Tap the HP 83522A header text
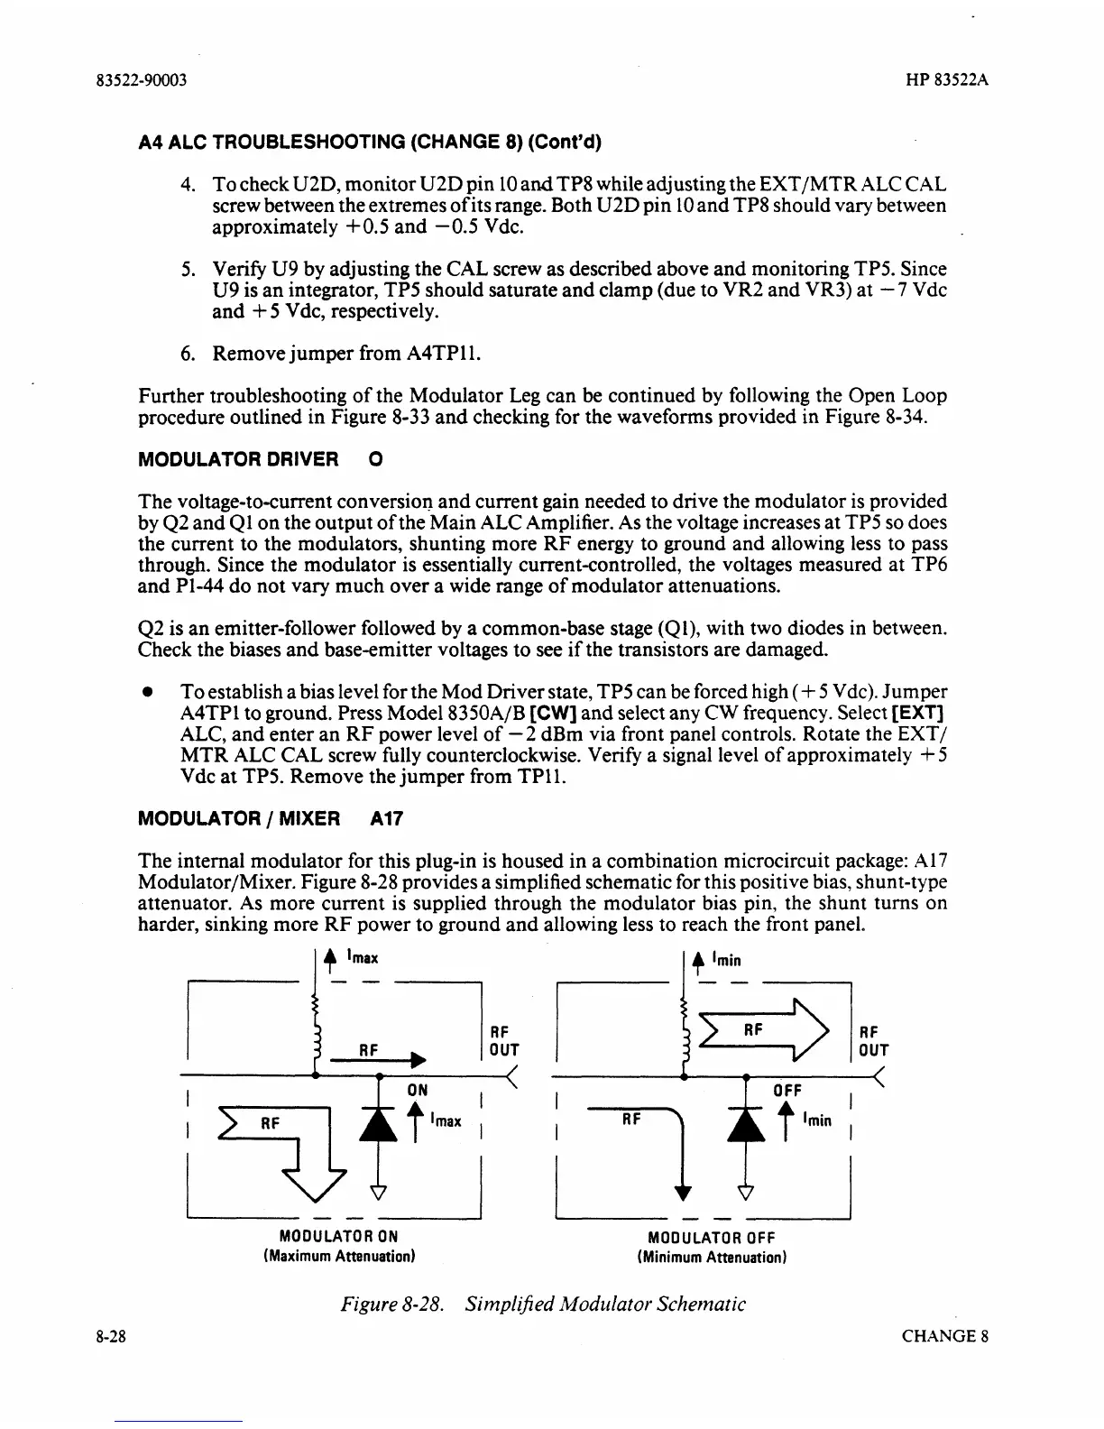click(x=947, y=79)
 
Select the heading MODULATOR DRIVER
click(x=238, y=459)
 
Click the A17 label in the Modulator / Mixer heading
click(x=387, y=819)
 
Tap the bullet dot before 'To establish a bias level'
click(x=144, y=692)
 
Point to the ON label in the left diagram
click(x=418, y=1090)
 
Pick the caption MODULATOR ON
click(x=337, y=1236)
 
